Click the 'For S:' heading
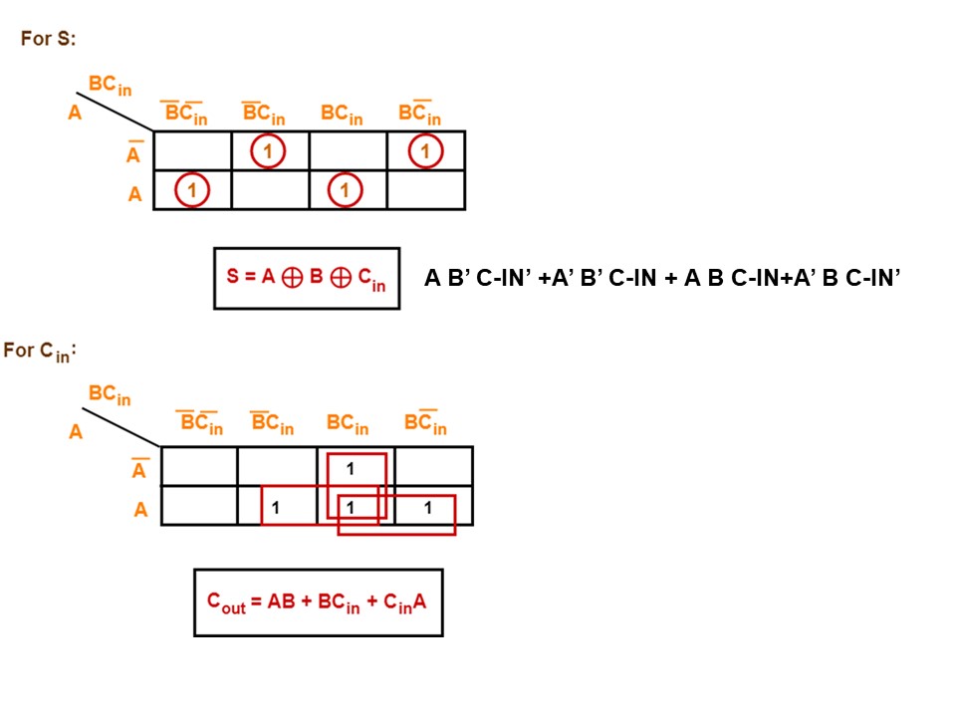49,39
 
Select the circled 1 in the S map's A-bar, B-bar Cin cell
268,151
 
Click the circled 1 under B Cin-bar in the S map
425,151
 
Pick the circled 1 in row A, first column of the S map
192,189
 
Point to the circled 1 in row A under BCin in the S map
346,189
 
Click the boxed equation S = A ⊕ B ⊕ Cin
306,278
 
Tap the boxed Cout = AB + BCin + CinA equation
317,601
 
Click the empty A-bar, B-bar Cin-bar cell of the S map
192,151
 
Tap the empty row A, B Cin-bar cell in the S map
425,189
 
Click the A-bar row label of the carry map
140,468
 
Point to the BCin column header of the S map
342,114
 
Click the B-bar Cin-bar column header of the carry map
200,424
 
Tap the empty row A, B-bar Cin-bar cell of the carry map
199,506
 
